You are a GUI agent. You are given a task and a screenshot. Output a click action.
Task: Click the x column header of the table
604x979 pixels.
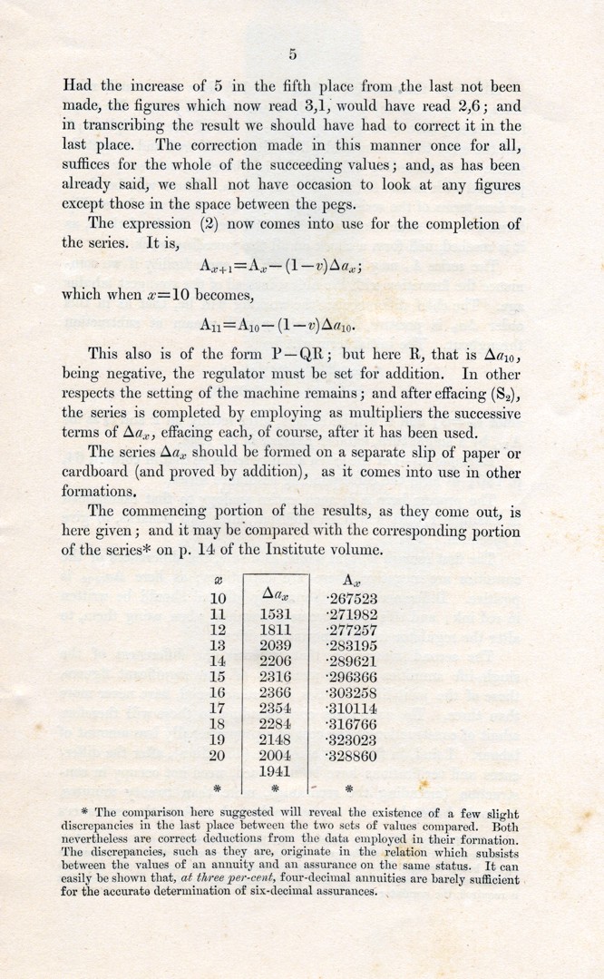[x=217, y=579]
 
